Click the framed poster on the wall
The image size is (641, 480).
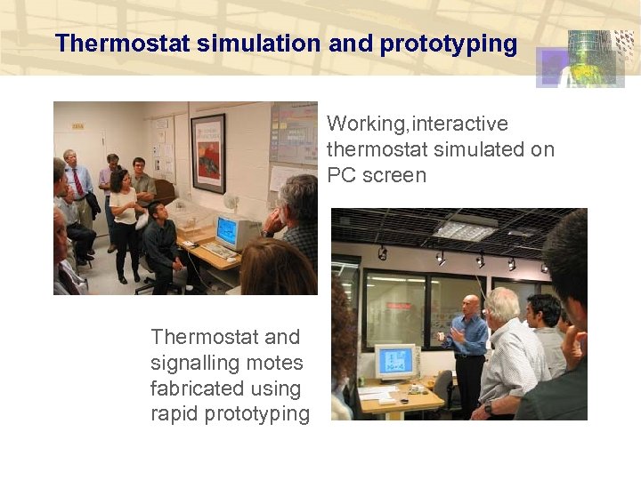point(208,153)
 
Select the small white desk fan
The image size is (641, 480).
point(231,204)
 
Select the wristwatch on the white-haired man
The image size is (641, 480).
point(488,408)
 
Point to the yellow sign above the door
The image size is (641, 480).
point(78,126)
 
